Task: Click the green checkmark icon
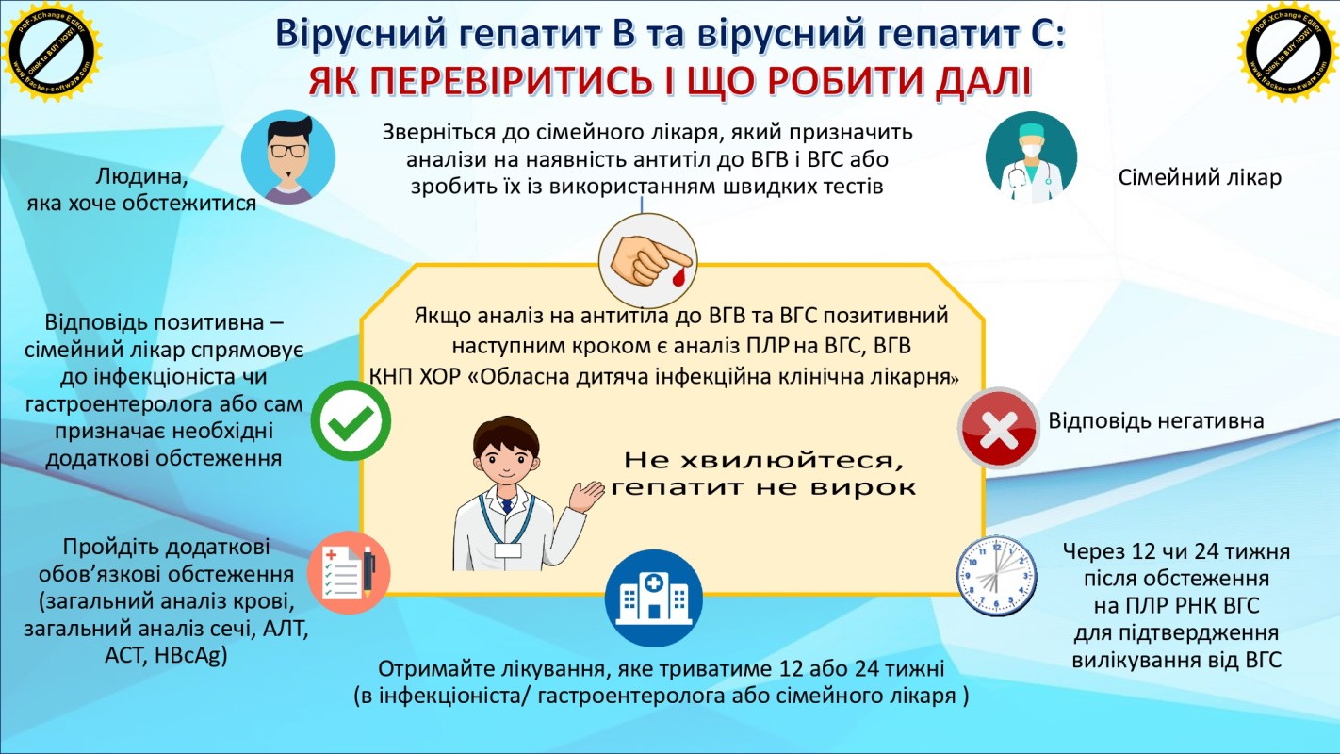pyautogui.click(x=351, y=420)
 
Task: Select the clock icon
pyautogui.click(x=996, y=577)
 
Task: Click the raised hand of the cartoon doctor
pyautogui.click(x=589, y=491)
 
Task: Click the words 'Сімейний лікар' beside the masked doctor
pyautogui.click(x=1200, y=177)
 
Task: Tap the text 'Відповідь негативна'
pyautogui.click(x=1156, y=420)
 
